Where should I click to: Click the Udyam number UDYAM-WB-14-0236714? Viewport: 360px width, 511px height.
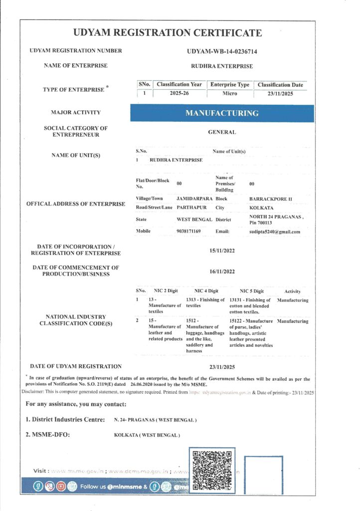point(222,51)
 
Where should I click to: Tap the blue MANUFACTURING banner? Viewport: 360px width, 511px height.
point(222,113)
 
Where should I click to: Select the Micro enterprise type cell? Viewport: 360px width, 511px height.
point(229,93)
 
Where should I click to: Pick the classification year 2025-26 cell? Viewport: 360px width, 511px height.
point(179,93)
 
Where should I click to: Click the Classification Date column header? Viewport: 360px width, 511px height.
point(281,85)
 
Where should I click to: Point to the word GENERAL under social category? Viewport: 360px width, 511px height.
point(222,132)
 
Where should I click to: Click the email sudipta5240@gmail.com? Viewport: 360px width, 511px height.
point(275,232)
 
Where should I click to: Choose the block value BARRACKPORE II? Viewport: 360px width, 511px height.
point(270,199)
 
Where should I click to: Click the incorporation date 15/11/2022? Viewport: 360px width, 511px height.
point(222,251)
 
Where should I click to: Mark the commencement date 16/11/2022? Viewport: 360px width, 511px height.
point(222,272)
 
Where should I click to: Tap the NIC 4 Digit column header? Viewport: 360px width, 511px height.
point(206,291)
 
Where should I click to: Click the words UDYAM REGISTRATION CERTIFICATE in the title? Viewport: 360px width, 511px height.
point(167,33)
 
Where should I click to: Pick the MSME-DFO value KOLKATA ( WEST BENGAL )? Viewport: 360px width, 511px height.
point(147,435)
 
